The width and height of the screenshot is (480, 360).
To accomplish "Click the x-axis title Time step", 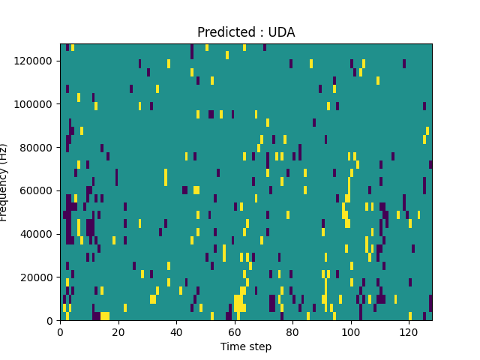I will click(246, 346).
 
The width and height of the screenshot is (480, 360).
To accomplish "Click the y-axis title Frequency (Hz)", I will click(4, 182).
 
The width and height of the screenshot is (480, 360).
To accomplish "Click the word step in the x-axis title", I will click(259, 346).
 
